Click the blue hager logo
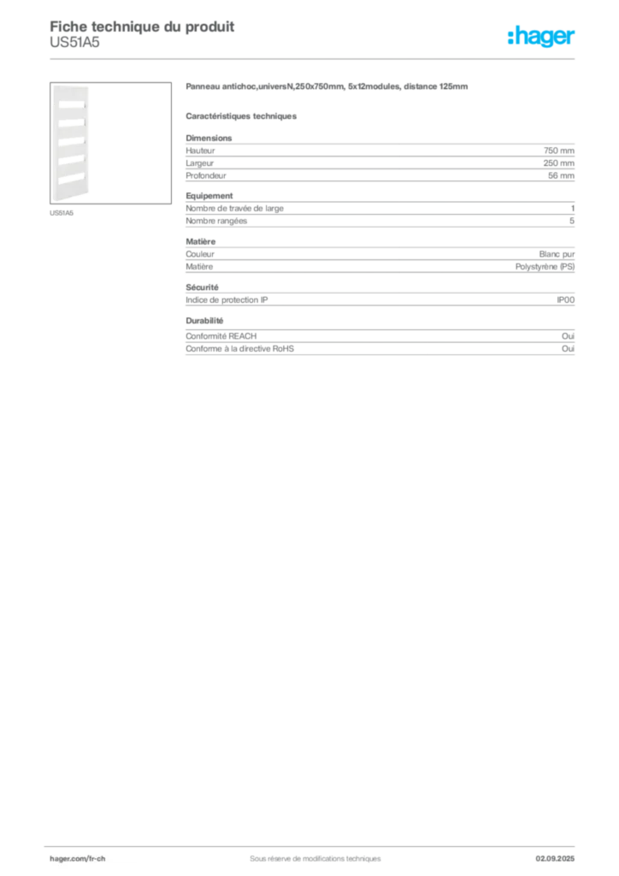pos(542,38)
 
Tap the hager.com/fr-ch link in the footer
pos(96,858)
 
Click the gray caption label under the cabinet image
pos(62,213)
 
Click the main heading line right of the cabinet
pos(328,88)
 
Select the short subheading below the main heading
pos(242,115)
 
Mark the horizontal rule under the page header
pos(315,58)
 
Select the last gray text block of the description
pos(380,340)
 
